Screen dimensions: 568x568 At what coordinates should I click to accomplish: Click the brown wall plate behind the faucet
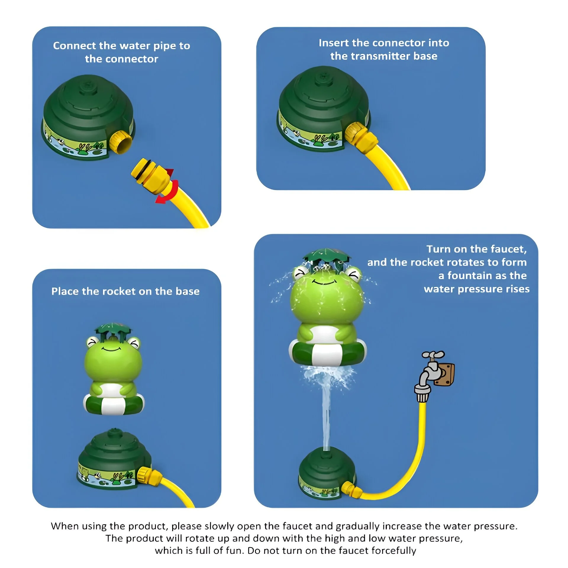coord(445,375)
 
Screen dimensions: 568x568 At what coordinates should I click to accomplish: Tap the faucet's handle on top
coord(433,355)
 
